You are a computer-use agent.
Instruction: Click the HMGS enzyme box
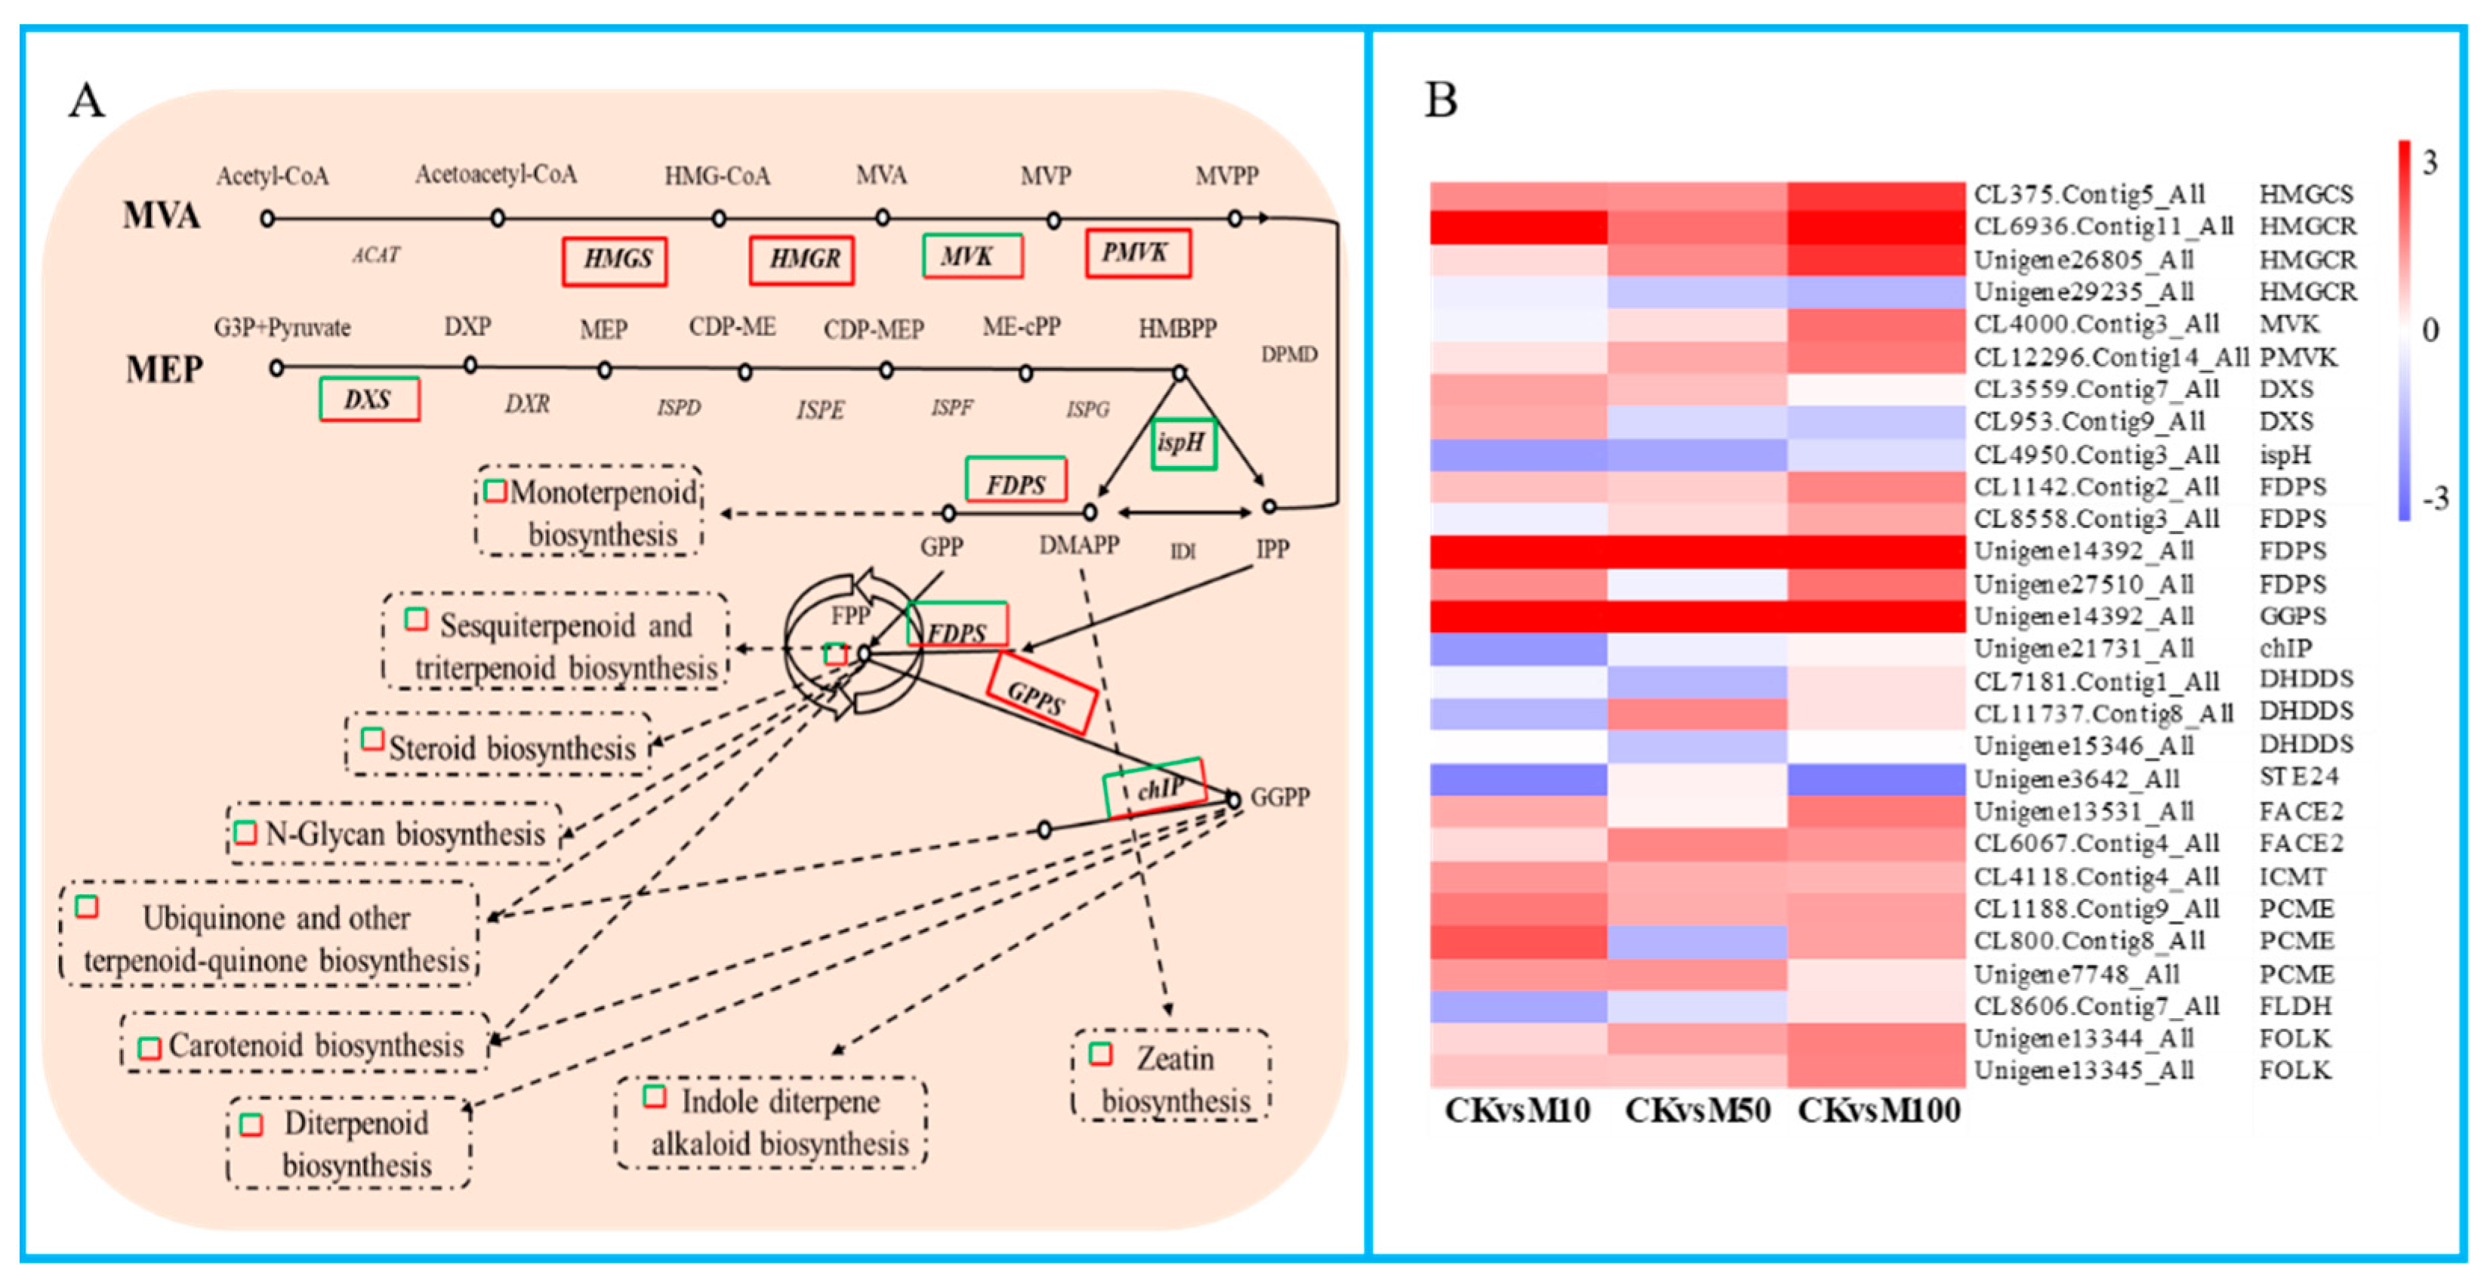pyautogui.click(x=615, y=261)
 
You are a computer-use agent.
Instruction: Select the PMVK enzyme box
pyautogui.click(x=1137, y=254)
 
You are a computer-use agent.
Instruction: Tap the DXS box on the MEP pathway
pyautogui.click(x=369, y=400)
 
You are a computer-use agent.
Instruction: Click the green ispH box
pyautogui.click(x=1183, y=444)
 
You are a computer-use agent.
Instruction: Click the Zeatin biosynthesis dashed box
pyautogui.click(x=1170, y=1077)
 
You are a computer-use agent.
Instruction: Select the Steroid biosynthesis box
pyautogui.click(x=498, y=745)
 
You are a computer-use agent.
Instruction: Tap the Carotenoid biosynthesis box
pyautogui.click(x=305, y=1045)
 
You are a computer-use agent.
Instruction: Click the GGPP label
pyautogui.click(x=1280, y=797)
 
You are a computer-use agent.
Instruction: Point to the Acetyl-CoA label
pyautogui.click(x=272, y=177)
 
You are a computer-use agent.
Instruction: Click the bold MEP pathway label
pyautogui.click(x=164, y=369)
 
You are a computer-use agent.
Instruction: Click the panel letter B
pyautogui.click(x=1441, y=100)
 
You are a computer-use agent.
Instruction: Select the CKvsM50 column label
pyautogui.click(x=1697, y=1110)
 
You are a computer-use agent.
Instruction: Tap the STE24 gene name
pyautogui.click(x=2299, y=776)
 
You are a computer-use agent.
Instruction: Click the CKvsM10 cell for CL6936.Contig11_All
pyautogui.click(x=1519, y=227)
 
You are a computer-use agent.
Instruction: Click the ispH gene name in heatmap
pyautogui.click(x=2285, y=455)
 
